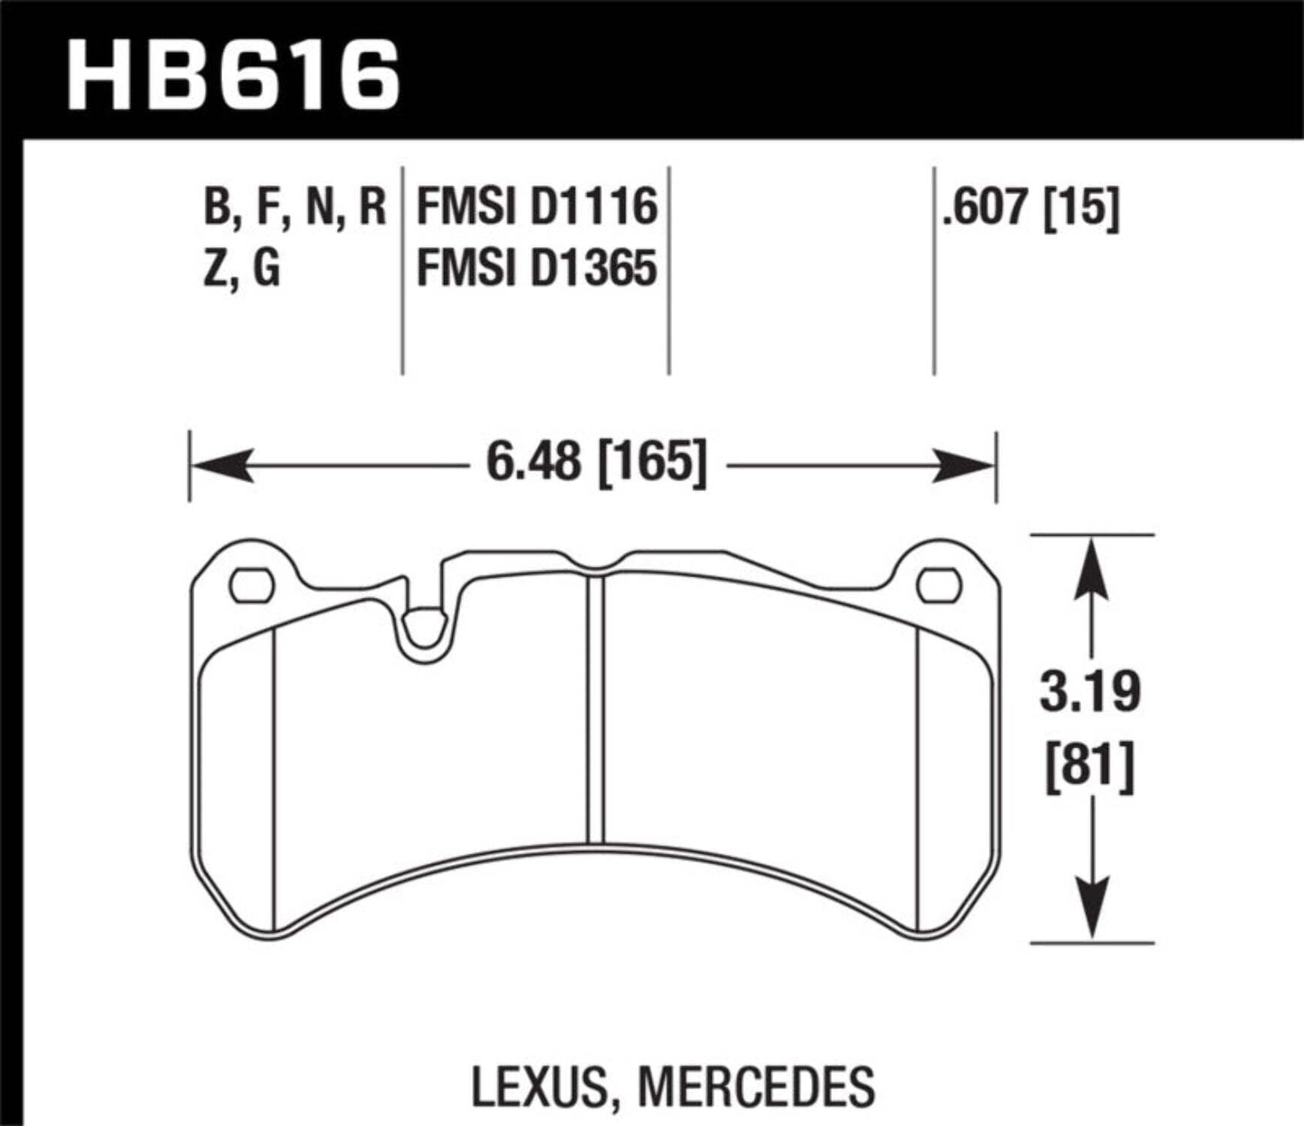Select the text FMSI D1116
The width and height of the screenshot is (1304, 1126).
537,207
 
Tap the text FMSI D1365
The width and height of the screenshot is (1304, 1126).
537,268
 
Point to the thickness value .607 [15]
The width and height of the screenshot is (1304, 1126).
1031,206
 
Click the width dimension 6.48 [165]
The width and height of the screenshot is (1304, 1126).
597,463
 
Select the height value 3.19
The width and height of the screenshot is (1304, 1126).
1090,691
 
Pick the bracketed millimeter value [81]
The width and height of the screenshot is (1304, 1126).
1090,766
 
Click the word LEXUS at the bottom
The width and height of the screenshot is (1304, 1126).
539,1086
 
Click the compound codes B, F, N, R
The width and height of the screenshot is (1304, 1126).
294,207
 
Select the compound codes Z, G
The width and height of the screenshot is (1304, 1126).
242,268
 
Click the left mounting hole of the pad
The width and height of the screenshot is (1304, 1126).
251,586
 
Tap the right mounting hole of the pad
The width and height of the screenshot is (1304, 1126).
939,586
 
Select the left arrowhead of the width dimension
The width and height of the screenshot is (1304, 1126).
221,466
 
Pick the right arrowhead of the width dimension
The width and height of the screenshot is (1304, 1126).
965,466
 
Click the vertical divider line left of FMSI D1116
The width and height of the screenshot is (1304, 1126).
403,270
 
